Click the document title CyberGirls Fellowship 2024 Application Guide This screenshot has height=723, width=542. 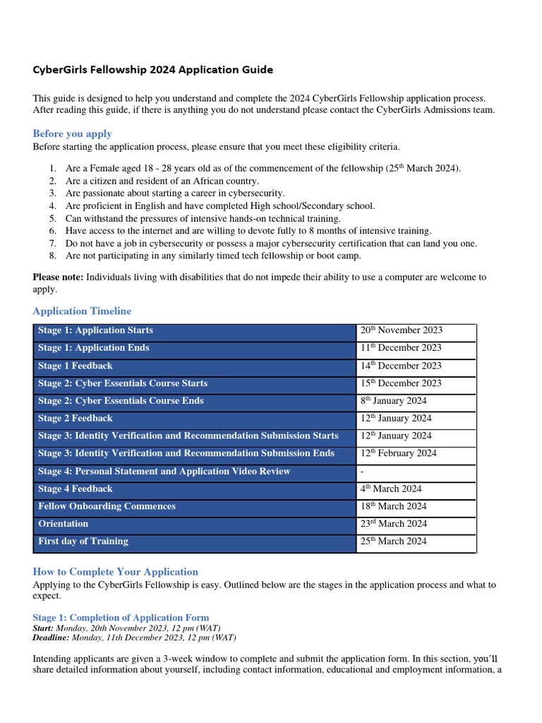click(x=152, y=70)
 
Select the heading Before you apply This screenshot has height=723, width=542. click(x=72, y=133)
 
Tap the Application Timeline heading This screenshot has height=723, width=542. click(x=82, y=311)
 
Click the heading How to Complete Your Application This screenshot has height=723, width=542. click(x=115, y=571)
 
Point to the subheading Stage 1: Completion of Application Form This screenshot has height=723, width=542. click(x=121, y=617)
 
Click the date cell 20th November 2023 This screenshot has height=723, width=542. click(x=401, y=330)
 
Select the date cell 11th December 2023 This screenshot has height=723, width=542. click(x=401, y=348)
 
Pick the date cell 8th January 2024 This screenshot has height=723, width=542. click(x=393, y=401)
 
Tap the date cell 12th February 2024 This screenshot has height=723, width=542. click(x=398, y=453)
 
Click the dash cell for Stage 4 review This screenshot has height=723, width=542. click(x=362, y=472)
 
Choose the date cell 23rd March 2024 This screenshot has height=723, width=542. click(x=393, y=524)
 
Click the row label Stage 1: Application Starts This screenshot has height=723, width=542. click(x=95, y=330)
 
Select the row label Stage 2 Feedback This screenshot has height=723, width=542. click(x=75, y=418)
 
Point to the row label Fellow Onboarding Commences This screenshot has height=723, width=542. click(x=107, y=506)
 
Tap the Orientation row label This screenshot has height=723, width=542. click(x=64, y=524)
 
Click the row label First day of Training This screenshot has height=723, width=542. click(x=83, y=542)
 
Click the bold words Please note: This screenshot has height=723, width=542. click(x=58, y=277)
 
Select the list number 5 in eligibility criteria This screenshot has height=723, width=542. click(x=52, y=218)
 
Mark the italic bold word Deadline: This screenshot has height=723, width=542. click(x=51, y=637)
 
